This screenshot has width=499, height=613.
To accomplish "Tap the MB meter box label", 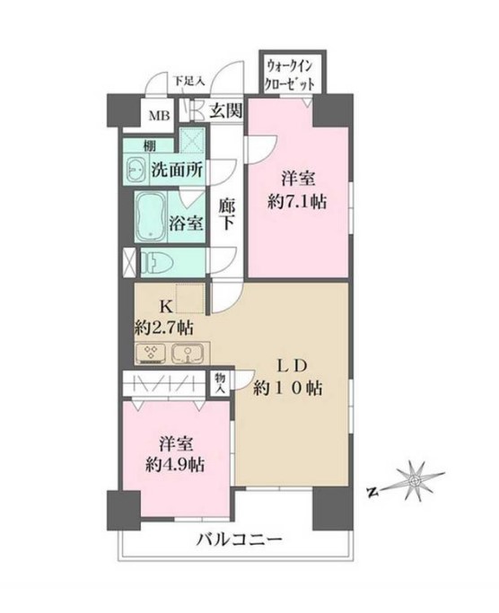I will point(158,113).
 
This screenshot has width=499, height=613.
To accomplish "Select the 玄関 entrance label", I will point(225,111).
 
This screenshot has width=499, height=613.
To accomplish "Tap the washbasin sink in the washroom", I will point(137,167).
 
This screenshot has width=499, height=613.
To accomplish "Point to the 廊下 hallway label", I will point(227,213).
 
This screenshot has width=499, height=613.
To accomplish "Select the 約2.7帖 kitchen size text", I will point(166,325).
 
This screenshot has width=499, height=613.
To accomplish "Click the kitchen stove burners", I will point(150,352).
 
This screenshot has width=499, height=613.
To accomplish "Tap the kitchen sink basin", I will point(186,352).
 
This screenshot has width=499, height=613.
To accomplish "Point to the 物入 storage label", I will point(220,383).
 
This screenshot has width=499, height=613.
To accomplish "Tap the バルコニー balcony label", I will point(241,540).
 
